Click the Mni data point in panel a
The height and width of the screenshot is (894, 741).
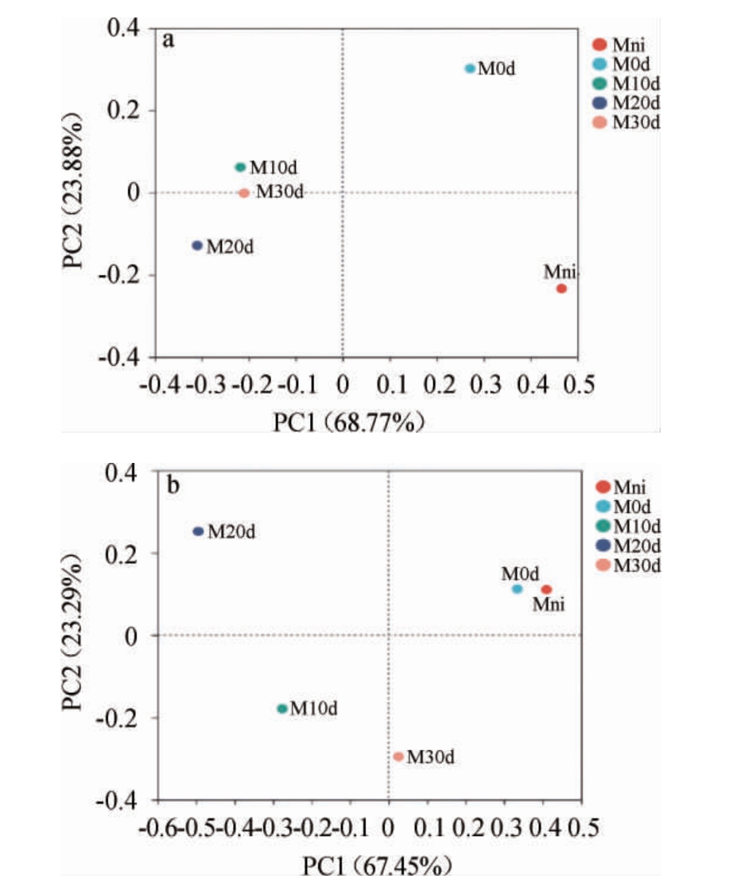pyautogui.click(x=561, y=289)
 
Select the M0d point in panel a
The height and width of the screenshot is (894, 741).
pyautogui.click(x=470, y=69)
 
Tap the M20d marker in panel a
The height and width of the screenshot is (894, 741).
pyautogui.click(x=197, y=246)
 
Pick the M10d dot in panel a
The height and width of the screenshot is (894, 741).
pyautogui.click(x=240, y=167)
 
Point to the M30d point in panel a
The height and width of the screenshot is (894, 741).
pyautogui.click(x=244, y=192)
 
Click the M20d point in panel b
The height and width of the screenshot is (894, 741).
pyautogui.click(x=199, y=531)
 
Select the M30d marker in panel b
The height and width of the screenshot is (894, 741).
pyautogui.click(x=398, y=756)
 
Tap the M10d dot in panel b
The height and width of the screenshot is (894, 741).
pyautogui.click(x=282, y=709)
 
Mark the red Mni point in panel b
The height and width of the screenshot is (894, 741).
pyautogui.click(x=546, y=589)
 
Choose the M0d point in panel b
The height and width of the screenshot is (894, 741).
pyautogui.click(x=518, y=589)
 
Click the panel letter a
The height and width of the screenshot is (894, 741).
pyautogui.click(x=168, y=41)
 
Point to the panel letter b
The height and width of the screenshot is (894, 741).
pyautogui.click(x=172, y=485)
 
